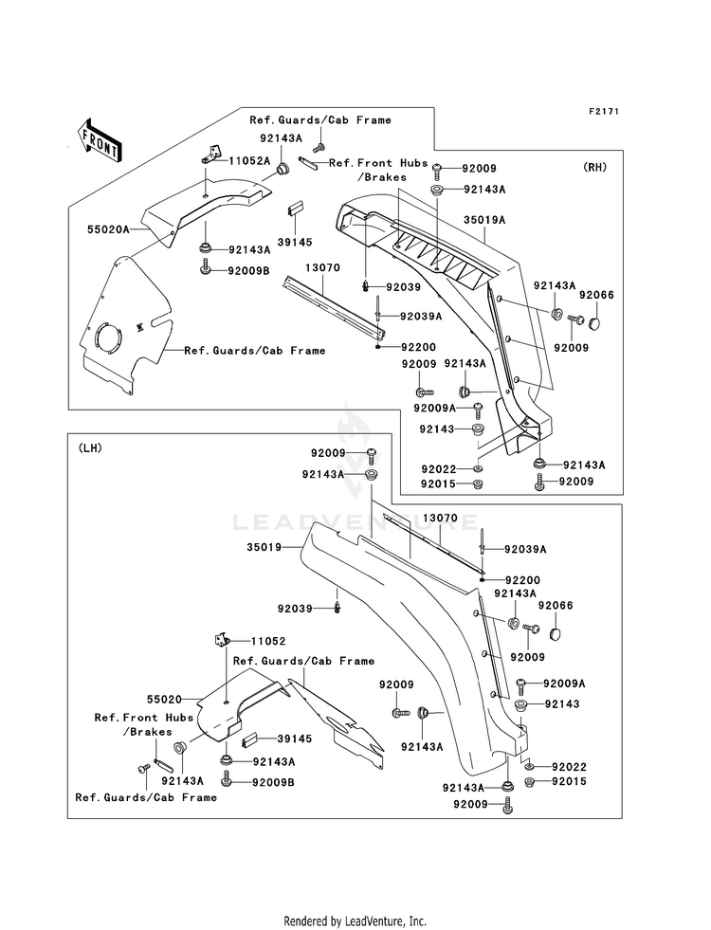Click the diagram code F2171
(604, 111)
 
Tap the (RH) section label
(594, 167)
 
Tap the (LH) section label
(89, 448)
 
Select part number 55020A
(108, 228)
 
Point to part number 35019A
(484, 220)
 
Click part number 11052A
(249, 160)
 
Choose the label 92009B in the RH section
(248, 270)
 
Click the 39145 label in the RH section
(296, 242)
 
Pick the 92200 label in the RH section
(418, 347)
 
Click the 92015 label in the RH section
(438, 484)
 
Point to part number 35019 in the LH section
(264, 547)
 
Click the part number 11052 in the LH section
(268, 641)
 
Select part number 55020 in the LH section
(164, 700)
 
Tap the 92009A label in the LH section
(564, 684)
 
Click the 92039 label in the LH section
(295, 609)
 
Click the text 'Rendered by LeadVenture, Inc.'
(355, 921)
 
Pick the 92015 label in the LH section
(569, 781)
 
